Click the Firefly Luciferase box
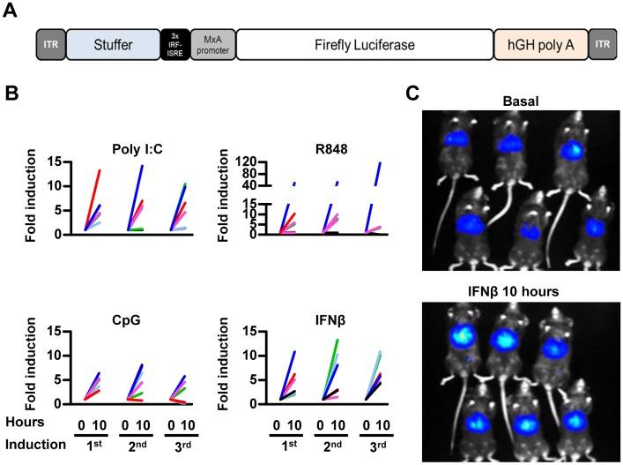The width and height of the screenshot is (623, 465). point(364,43)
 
